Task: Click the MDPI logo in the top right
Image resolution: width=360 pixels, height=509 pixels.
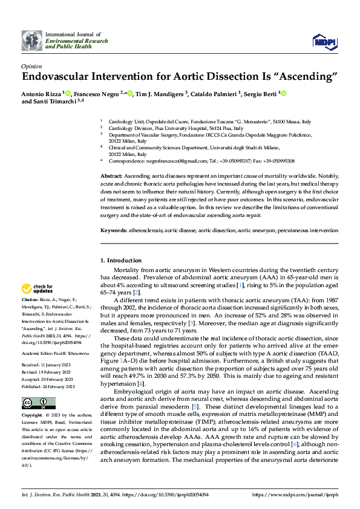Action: (x=324, y=41)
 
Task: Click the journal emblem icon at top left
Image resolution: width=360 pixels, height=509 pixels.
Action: (x=33, y=40)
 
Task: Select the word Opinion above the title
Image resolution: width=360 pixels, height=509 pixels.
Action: (x=31, y=66)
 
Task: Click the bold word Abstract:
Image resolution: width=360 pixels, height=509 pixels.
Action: (x=112, y=175)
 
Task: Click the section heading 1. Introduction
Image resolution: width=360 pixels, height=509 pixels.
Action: (x=120, y=261)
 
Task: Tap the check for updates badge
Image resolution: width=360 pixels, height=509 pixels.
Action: (x=38, y=288)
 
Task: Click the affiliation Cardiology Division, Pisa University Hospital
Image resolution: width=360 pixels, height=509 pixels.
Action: (x=175, y=129)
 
